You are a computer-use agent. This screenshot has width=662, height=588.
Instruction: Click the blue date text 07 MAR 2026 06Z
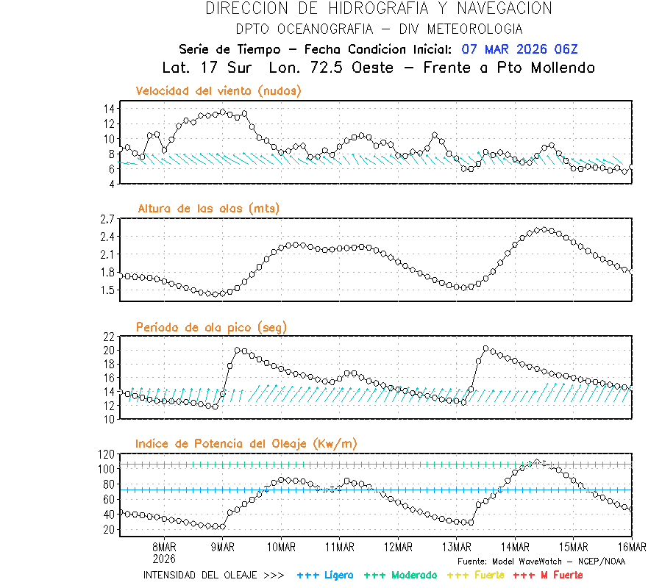point(520,49)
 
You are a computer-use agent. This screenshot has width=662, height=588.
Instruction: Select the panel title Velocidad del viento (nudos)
point(218,91)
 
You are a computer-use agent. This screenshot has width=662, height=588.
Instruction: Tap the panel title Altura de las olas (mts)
point(209,209)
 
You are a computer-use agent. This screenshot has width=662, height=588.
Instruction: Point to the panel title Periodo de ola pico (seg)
point(211,326)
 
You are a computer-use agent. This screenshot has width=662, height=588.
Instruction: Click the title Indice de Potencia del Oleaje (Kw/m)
point(246,443)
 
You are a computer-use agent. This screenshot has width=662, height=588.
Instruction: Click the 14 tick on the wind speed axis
point(109,109)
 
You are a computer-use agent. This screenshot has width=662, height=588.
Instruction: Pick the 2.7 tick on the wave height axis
point(107,219)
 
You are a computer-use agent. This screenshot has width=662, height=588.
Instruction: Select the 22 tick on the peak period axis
point(109,337)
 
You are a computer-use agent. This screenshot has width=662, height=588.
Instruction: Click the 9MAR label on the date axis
point(223,547)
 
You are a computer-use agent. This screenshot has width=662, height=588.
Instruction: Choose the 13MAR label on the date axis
point(456,547)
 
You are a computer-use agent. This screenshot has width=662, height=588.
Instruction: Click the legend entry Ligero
point(338,575)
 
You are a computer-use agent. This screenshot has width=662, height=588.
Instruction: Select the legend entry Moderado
point(413,575)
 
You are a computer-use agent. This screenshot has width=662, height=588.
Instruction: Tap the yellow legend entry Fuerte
point(488,575)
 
